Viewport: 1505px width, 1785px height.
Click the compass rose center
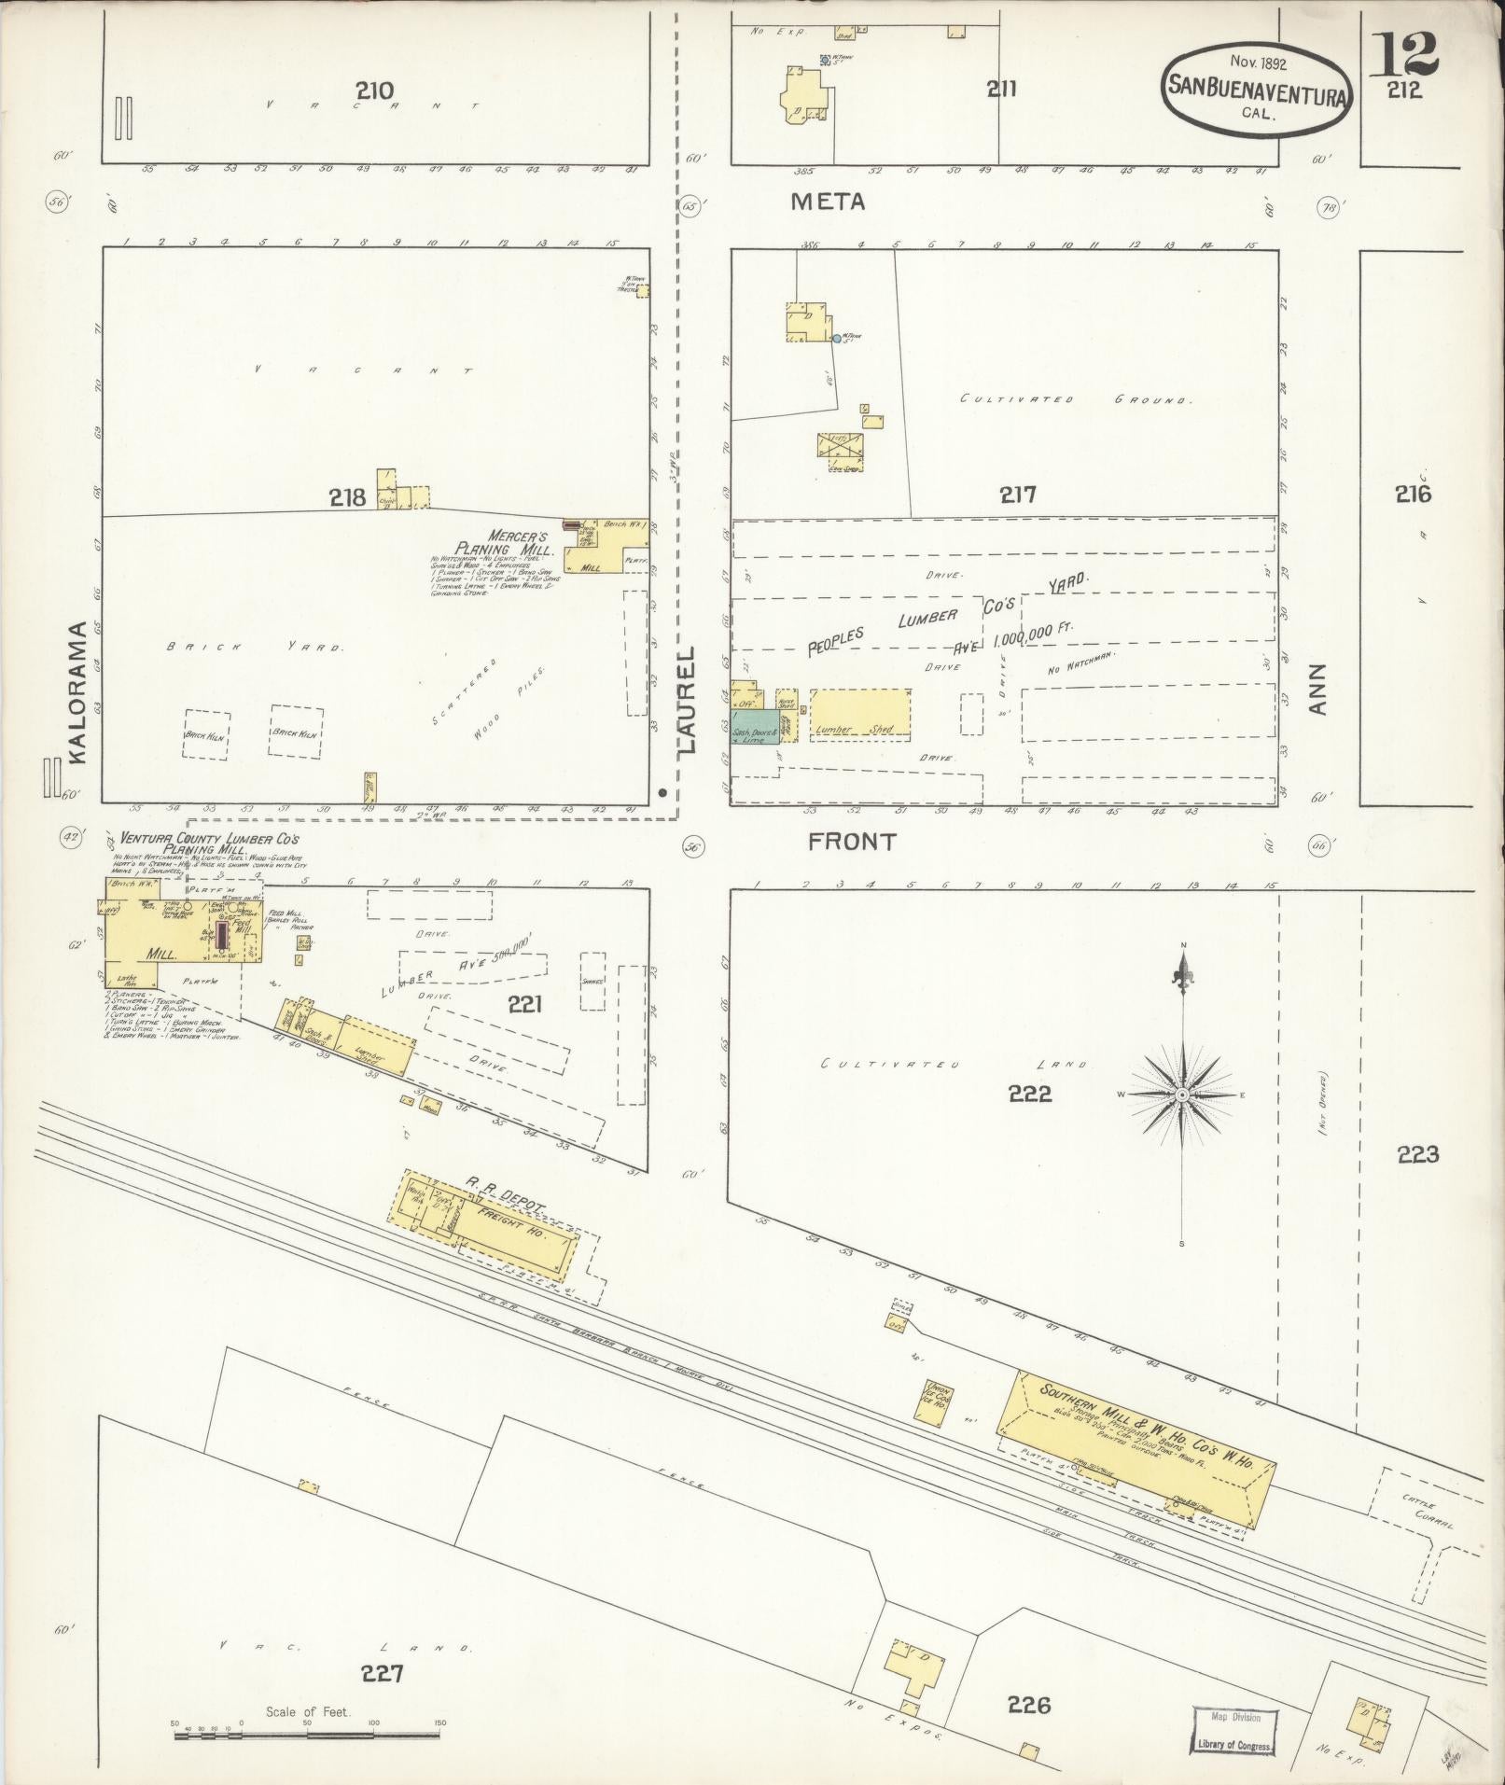tap(1181, 1094)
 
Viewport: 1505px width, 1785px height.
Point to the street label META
tap(828, 201)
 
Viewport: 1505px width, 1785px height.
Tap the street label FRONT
tap(851, 842)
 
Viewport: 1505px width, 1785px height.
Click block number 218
tap(346, 498)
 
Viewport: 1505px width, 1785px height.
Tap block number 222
tap(1029, 1094)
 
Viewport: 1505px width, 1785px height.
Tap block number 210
tap(373, 91)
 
